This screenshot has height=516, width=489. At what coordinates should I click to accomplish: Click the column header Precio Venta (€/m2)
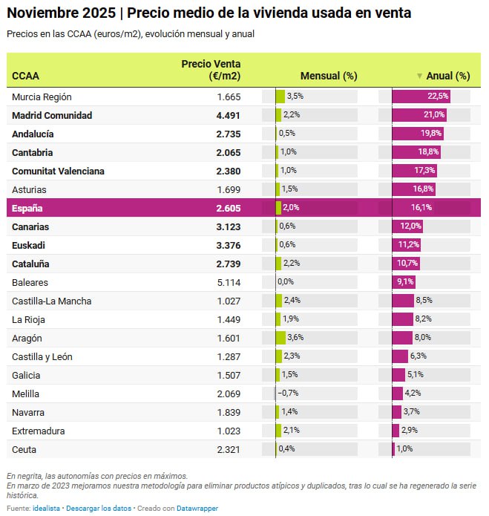pyautogui.click(x=211, y=70)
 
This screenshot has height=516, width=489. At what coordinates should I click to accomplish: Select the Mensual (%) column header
pyautogui.click(x=329, y=76)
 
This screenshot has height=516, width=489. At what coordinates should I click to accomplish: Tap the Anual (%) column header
pyautogui.click(x=447, y=76)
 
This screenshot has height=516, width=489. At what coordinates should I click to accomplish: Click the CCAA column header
pyautogui.click(x=26, y=76)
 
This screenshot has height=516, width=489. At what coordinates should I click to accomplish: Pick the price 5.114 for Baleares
pyautogui.click(x=229, y=282)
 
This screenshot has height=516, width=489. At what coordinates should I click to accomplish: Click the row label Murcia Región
pyautogui.click(x=42, y=97)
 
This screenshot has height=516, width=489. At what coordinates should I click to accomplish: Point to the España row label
pyautogui.click(x=28, y=208)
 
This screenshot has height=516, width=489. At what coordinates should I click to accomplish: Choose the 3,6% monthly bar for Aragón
pyautogui.click(x=280, y=338)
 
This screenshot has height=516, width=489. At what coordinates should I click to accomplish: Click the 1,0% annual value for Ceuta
pyautogui.click(x=404, y=449)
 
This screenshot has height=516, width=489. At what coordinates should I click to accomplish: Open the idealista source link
pyautogui.click(x=47, y=508)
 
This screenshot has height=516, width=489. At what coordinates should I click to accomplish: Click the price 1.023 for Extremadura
pyautogui.click(x=229, y=431)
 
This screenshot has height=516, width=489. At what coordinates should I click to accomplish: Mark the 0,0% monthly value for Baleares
pyautogui.click(x=286, y=282)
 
